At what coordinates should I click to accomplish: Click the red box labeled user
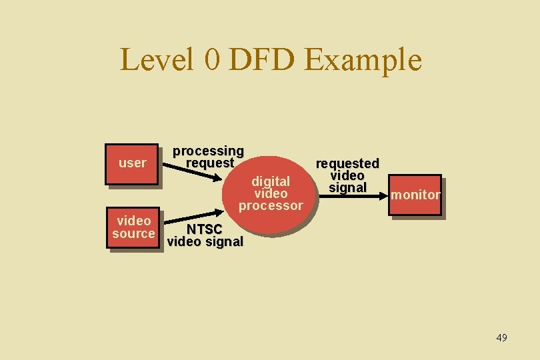132,163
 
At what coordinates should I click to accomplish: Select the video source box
133,227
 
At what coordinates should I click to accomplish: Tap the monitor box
415,195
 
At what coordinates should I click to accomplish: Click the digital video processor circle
271,193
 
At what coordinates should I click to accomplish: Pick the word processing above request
209,152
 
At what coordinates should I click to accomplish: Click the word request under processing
210,163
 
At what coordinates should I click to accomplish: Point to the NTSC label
205,229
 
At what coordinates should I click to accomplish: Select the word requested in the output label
347,163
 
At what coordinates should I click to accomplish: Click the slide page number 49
501,338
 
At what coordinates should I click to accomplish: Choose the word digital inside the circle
271,181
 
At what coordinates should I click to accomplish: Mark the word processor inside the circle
271,205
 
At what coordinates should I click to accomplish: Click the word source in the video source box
133,233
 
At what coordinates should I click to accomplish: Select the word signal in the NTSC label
223,241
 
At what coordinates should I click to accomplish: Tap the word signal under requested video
347,187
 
